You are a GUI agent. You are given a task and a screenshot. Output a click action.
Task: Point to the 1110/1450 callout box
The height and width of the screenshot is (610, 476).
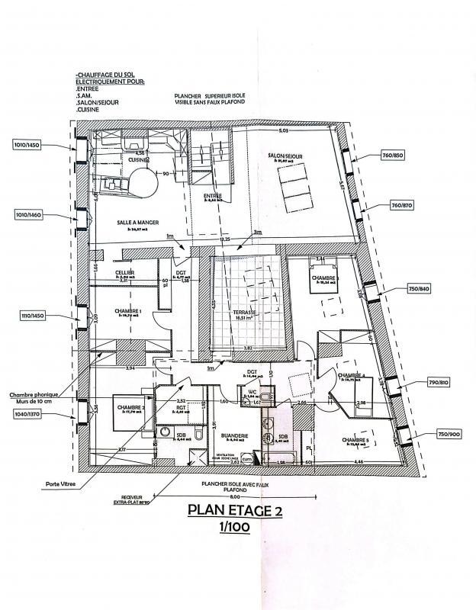pos(31,315)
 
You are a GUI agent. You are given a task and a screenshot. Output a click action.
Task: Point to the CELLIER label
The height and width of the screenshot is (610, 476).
pos(126,272)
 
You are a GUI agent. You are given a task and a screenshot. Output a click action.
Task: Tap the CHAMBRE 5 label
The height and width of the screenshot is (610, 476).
pos(355,440)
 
